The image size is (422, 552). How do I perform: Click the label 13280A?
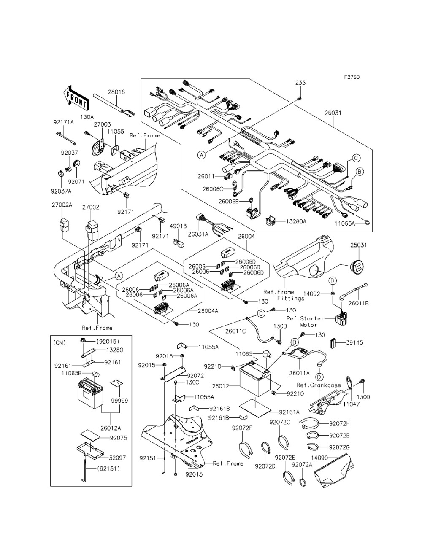coord(297,221)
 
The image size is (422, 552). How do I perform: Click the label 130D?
coord(363,397)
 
